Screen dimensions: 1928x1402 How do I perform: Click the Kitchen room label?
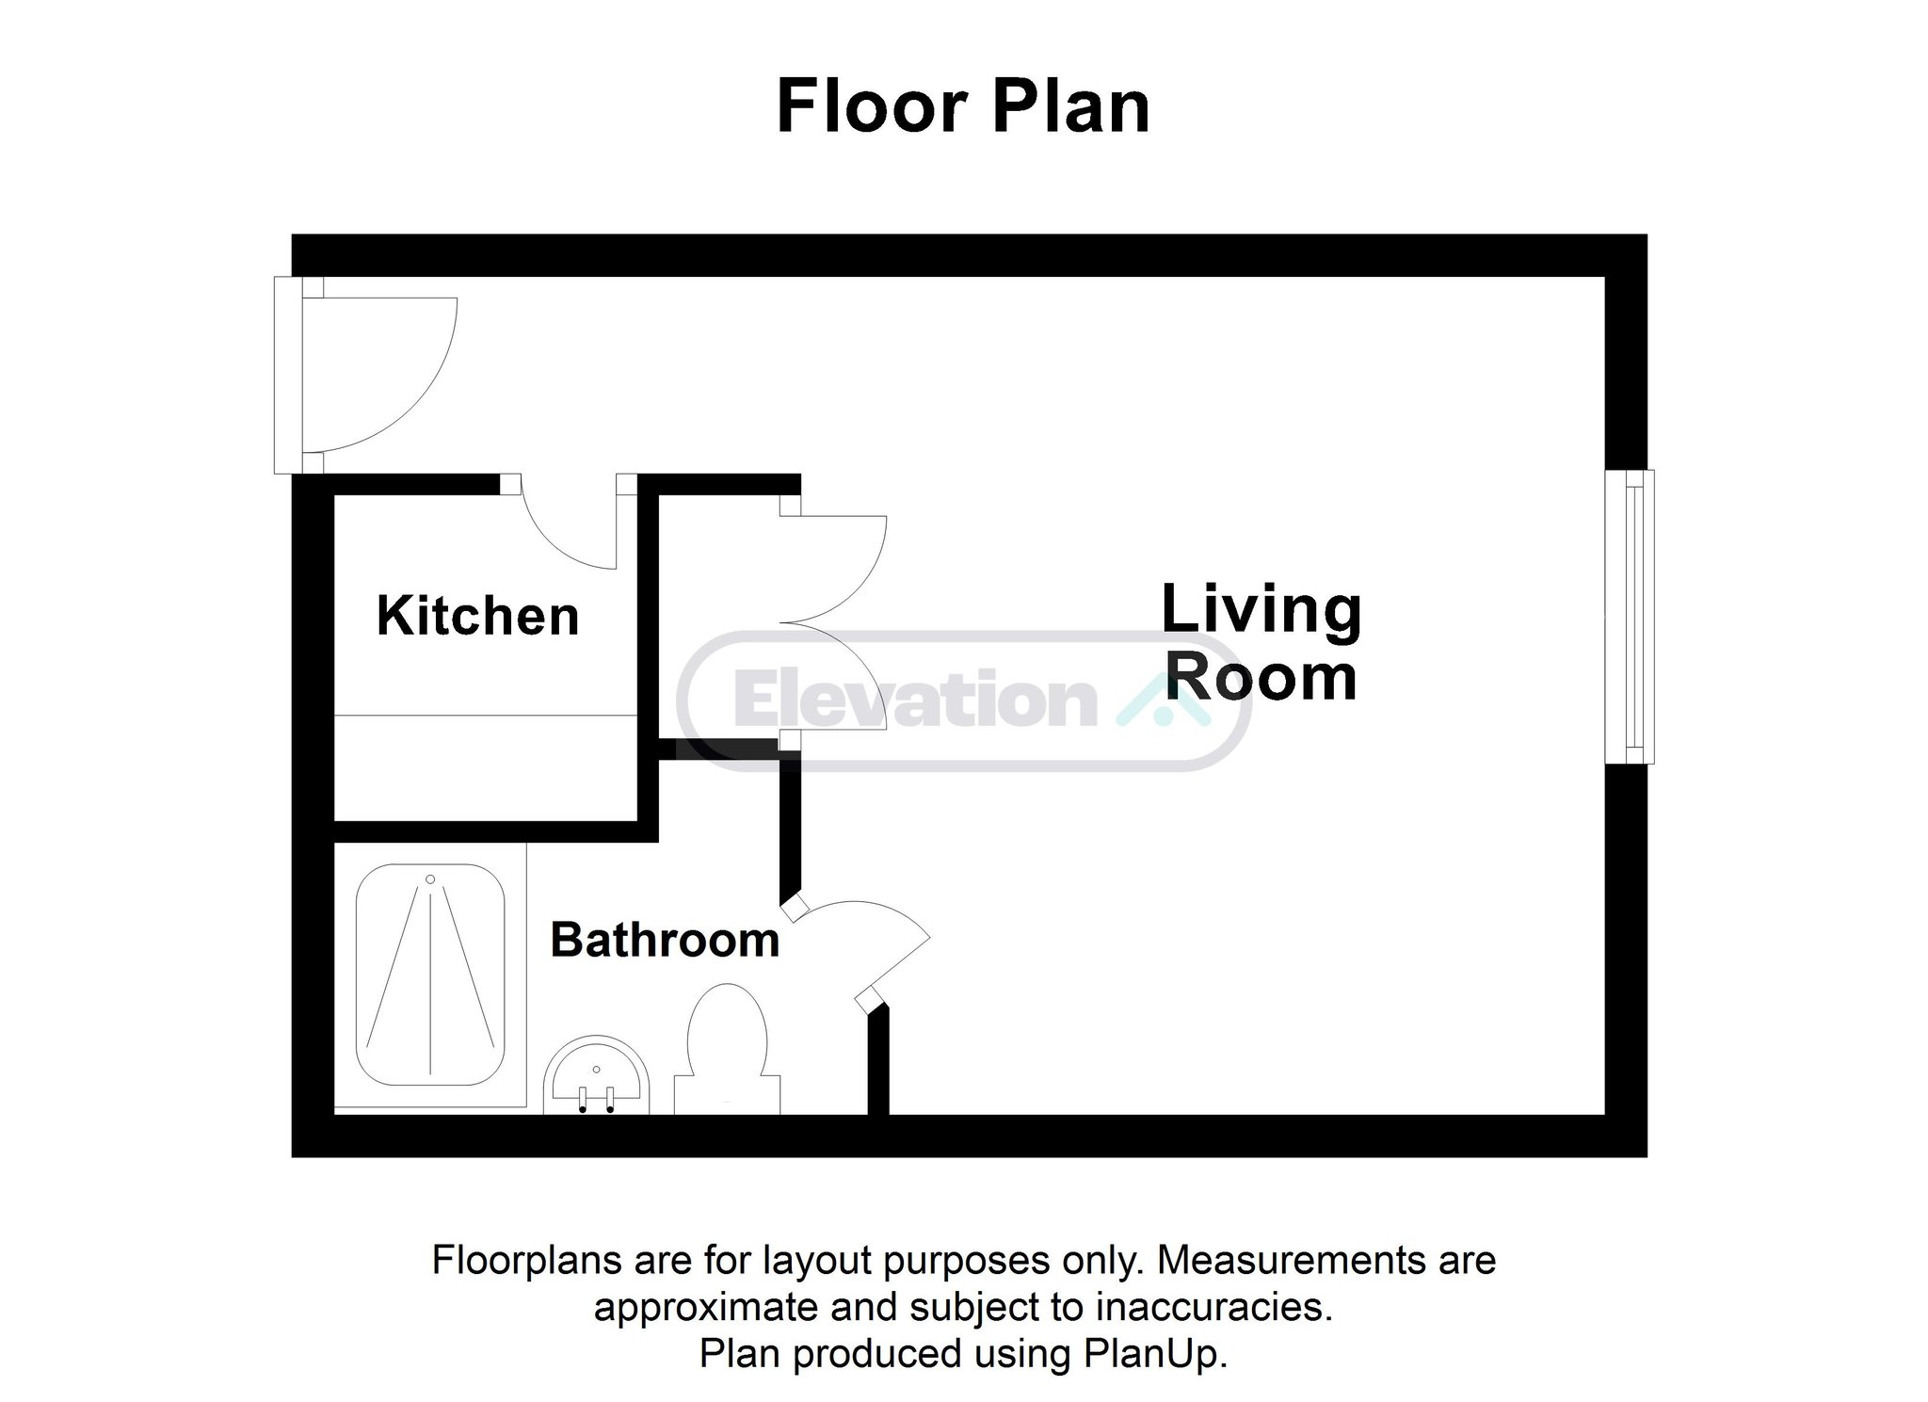coord(477,616)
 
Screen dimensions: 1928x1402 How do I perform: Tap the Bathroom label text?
coord(665,940)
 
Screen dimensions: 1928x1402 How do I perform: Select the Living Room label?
coord(1261,642)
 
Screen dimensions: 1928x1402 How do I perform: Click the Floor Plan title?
coord(963,106)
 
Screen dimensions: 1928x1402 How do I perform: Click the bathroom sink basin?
coord(597,1075)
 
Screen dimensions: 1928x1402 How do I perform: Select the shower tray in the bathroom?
coord(430,975)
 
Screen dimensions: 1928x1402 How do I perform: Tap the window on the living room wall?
coord(1629,617)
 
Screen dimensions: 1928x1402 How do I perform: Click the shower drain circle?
coord(430,879)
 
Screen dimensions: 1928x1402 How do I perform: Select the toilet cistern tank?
coord(727,1095)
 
